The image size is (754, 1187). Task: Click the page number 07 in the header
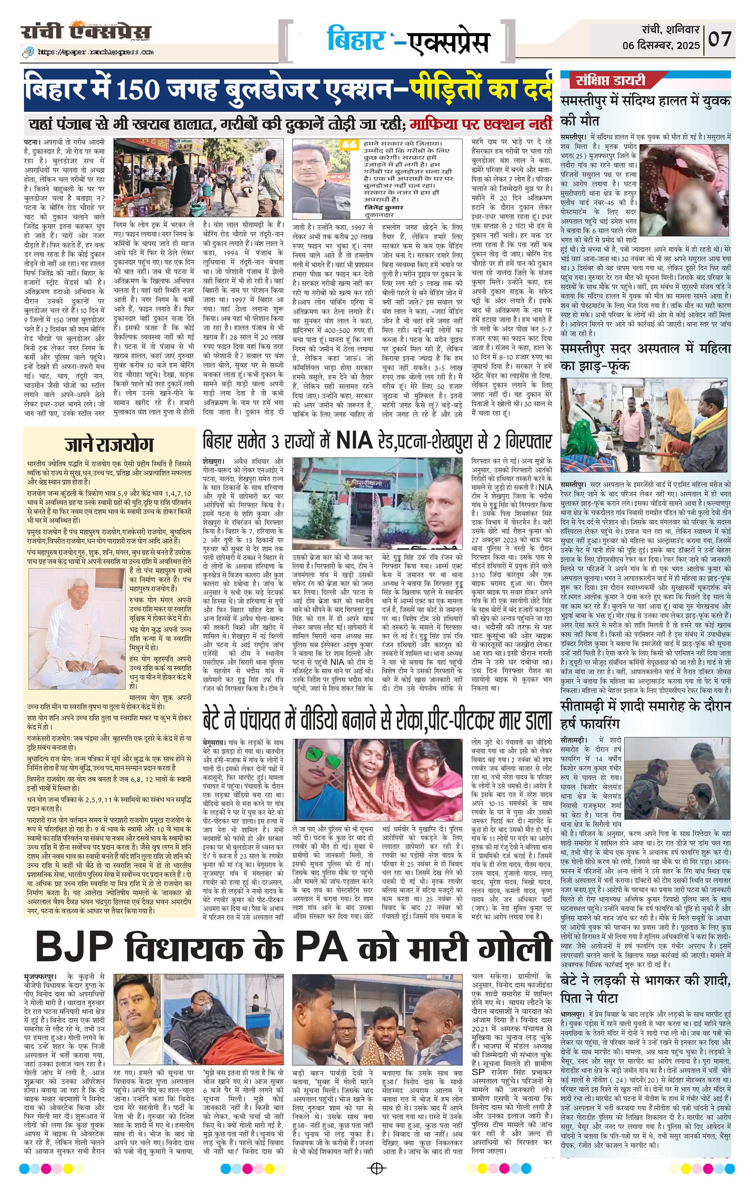coord(721,38)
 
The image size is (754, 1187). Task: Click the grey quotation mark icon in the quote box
coord(349,145)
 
